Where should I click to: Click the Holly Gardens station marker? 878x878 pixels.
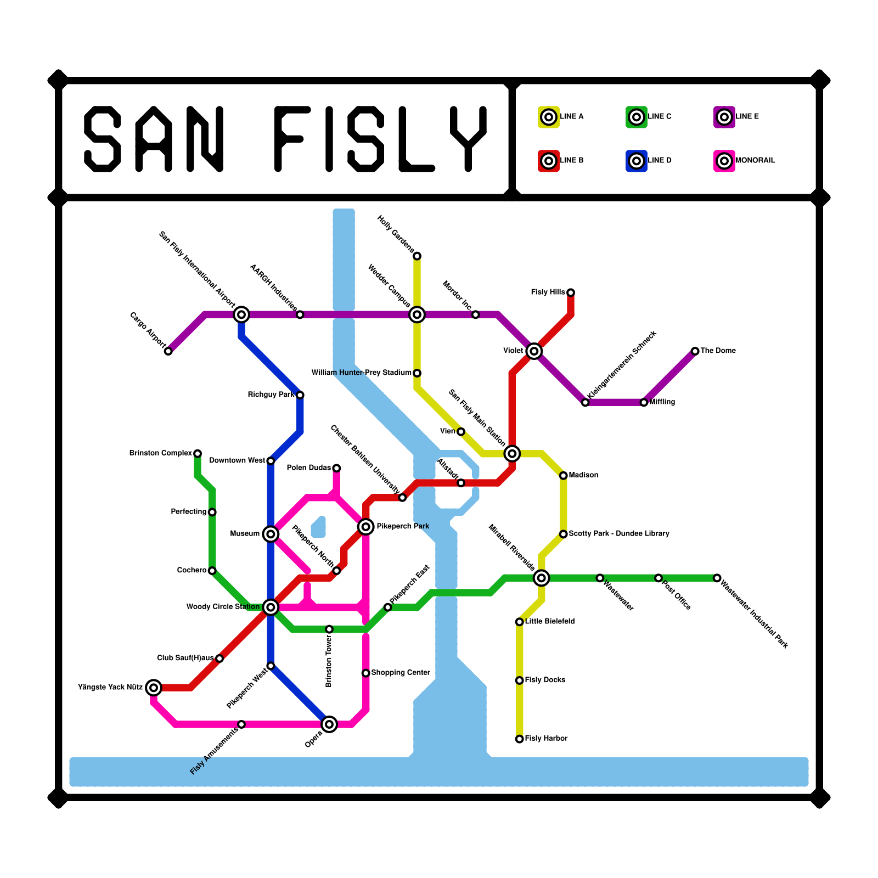[417, 256]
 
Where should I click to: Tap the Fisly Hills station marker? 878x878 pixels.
[571, 292]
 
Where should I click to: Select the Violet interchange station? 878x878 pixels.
[534, 351]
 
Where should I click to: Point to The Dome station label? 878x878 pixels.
[718, 351]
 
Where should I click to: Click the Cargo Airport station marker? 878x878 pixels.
[168, 351]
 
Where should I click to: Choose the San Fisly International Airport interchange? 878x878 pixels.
[241, 314]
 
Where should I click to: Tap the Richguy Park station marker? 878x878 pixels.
[300, 395]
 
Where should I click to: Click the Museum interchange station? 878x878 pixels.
[271, 533]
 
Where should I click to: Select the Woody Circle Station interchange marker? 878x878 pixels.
[271, 607]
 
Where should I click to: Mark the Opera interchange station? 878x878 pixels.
[329, 724]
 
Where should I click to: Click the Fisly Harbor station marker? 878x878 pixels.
[519, 739]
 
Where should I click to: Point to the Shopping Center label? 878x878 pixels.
[401, 673]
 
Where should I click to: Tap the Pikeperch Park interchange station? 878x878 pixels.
[366, 527]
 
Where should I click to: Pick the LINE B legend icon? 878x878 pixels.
[549, 161]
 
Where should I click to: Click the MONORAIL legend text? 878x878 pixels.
[755, 161]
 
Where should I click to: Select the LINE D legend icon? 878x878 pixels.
[637, 161]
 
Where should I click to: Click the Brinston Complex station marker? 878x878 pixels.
[198, 453]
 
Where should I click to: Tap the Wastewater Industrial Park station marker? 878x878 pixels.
[717, 578]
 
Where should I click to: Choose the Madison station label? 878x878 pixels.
[583, 475]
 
